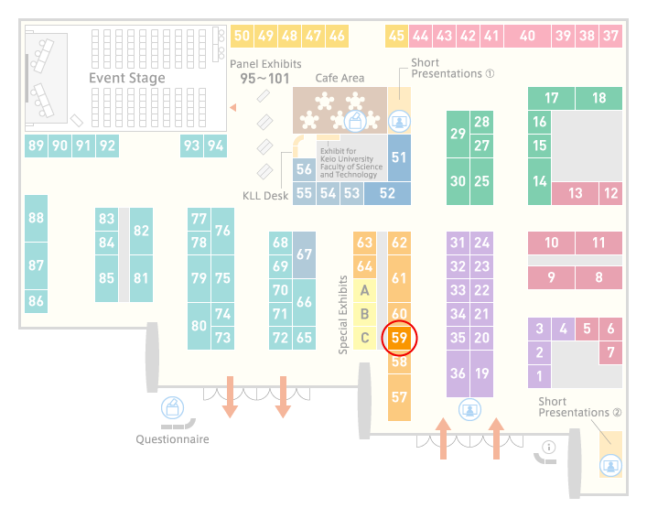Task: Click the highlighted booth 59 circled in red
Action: (x=399, y=338)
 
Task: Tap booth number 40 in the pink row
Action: (x=527, y=36)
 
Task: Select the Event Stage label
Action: (x=127, y=78)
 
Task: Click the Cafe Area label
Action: (x=340, y=78)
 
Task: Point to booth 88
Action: (x=36, y=218)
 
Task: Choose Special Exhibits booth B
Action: (x=365, y=314)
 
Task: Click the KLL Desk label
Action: (x=265, y=196)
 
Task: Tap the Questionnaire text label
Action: (x=172, y=439)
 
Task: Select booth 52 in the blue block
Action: (x=387, y=193)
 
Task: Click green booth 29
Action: (x=458, y=134)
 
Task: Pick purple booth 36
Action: (x=458, y=373)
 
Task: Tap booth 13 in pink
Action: (x=576, y=193)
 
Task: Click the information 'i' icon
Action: (x=549, y=447)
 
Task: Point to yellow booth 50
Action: (x=242, y=36)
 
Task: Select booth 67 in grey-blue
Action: (x=304, y=254)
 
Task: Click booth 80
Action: (x=199, y=326)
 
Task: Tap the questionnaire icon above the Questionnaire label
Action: (x=172, y=407)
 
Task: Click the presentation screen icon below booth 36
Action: (x=469, y=410)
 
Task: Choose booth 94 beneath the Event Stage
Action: (x=215, y=146)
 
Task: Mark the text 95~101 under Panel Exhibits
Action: (x=264, y=79)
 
